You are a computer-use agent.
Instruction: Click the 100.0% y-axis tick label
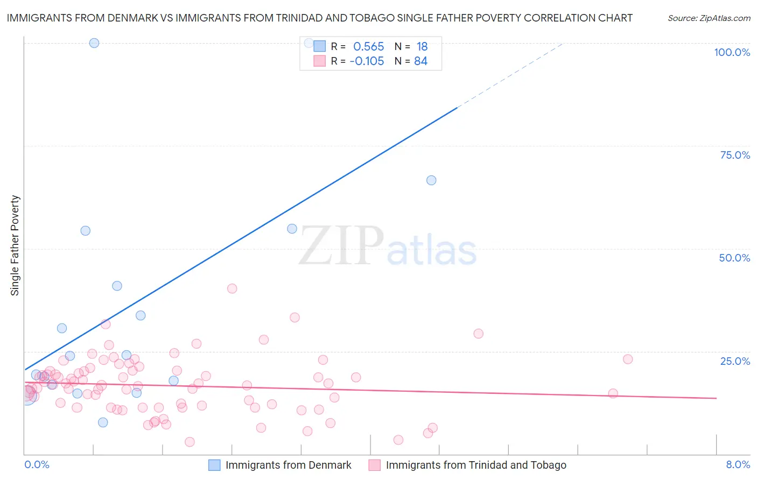coord(732,52)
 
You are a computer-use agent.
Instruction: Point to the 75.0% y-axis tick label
coord(735,155)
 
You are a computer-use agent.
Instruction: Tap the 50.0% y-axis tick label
coord(734,258)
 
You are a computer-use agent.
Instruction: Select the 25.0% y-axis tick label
coord(735,361)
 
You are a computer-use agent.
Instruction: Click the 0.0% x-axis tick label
coord(37,464)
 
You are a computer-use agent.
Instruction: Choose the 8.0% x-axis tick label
coord(738,464)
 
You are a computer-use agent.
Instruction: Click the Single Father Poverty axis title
coord(15,245)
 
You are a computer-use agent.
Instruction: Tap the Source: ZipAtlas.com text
coord(709,18)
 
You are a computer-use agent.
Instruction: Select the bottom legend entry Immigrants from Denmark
coord(288,465)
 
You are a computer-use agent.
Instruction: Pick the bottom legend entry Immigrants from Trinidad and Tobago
coord(476,465)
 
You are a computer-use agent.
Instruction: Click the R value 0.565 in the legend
coord(369,47)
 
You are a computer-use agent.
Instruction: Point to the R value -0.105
coord(367,61)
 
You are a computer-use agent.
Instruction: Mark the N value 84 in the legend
coord(420,61)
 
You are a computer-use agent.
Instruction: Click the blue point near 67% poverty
coord(431,180)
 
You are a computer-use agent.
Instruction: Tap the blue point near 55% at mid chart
coord(292,229)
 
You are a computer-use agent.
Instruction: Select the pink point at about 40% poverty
coord(232,288)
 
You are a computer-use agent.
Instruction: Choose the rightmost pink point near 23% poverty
coord(627,359)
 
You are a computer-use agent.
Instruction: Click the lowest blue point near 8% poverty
coord(103,422)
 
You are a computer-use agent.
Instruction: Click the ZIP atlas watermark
coord(388,246)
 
